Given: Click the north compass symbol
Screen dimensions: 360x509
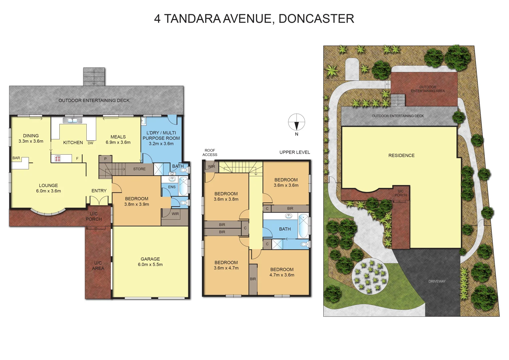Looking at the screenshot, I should [x=296, y=122].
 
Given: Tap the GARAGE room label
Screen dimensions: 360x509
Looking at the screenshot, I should [x=150, y=259].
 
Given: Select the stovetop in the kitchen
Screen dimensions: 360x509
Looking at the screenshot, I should [x=58, y=159].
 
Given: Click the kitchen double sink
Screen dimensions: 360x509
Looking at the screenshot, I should [x=73, y=120].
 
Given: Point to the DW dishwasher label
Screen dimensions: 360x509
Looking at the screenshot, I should [x=90, y=143].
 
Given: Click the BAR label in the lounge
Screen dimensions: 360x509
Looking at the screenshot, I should [x=16, y=158].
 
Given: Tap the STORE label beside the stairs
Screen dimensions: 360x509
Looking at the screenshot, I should [x=139, y=169].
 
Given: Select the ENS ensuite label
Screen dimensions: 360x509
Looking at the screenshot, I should [x=172, y=187].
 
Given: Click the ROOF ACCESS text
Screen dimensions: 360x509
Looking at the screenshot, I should [x=210, y=153].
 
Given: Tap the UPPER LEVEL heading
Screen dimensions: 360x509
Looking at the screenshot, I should [x=295, y=152].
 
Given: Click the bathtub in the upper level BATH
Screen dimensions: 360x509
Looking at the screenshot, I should [x=303, y=227].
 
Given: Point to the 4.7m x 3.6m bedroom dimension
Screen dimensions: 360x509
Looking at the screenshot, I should [x=282, y=275].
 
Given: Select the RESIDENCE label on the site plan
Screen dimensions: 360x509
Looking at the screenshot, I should [x=401, y=155].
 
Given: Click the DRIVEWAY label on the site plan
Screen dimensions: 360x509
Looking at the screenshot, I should [x=437, y=281].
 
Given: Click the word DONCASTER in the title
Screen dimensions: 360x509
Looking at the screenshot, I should [x=316, y=19].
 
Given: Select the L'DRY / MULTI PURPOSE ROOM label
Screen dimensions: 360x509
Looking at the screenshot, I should [x=161, y=135].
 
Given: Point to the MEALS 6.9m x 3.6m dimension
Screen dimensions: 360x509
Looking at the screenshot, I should [x=118, y=142].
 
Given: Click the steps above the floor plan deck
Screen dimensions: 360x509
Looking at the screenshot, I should [x=94, y=77].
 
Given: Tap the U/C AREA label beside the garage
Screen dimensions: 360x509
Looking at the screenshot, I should [x=98, y=266].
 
